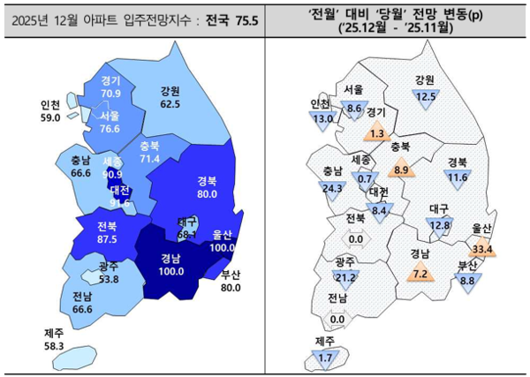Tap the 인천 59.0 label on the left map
click(x=50, y=110)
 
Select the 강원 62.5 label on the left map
click(x=170, y=97)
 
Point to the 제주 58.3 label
click(x=55, y=340)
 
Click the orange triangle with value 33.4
click(x=482, y=248)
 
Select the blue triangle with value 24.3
click(x=333, y=188)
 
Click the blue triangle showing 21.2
click(x=346, y=278)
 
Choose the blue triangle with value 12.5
click(x=426, y=95)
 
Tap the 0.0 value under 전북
click(x=357, y=238)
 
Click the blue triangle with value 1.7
click(x=326, y=358)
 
